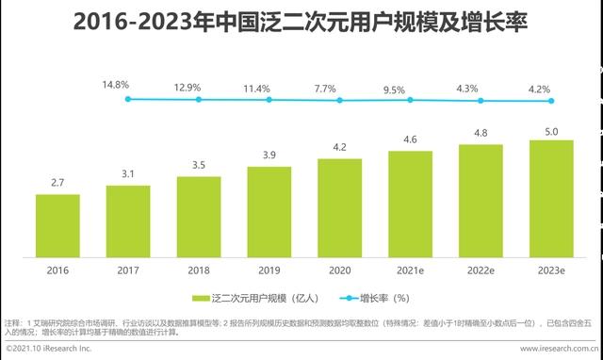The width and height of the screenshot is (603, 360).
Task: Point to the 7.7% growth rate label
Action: click(325, 89)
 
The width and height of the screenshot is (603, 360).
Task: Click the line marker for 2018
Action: click(199, 98)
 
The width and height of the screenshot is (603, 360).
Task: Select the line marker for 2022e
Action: click(481, 101)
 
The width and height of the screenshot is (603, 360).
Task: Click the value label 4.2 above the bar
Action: click(340, 148)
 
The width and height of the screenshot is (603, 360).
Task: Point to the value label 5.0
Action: click(551, 129)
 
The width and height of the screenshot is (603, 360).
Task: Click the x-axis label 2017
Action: click(128, 270)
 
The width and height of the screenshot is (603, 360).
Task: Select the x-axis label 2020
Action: click(340, 270)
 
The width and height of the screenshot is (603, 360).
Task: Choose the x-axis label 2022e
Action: click(481, 270)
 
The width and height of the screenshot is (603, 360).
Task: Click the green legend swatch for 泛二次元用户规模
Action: click(200, 298)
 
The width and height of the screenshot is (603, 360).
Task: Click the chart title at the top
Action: click(301, 20)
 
